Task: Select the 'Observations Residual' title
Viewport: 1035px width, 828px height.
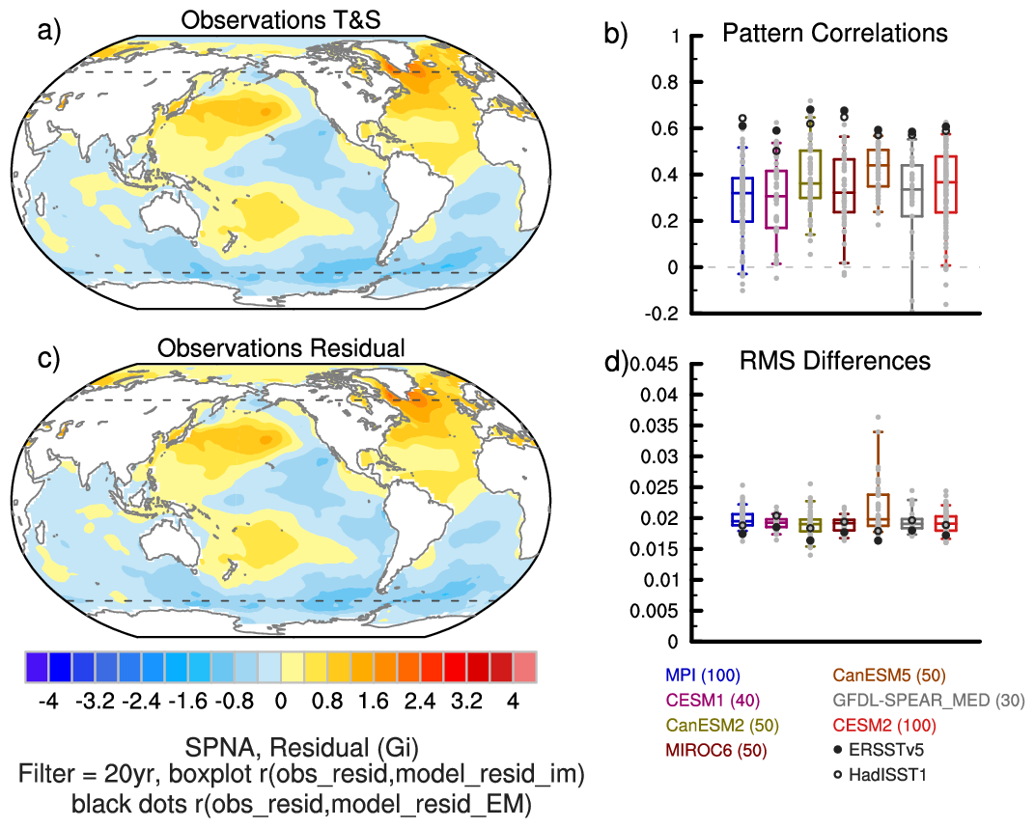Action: pos(281,348)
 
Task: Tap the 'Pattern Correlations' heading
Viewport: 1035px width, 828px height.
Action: pos(835,34)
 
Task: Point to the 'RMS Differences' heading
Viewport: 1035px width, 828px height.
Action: pos(835,361)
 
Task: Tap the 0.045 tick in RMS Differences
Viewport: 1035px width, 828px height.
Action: pos(658,364)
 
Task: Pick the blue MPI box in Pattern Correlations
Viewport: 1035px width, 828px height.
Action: pos(741,200)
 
